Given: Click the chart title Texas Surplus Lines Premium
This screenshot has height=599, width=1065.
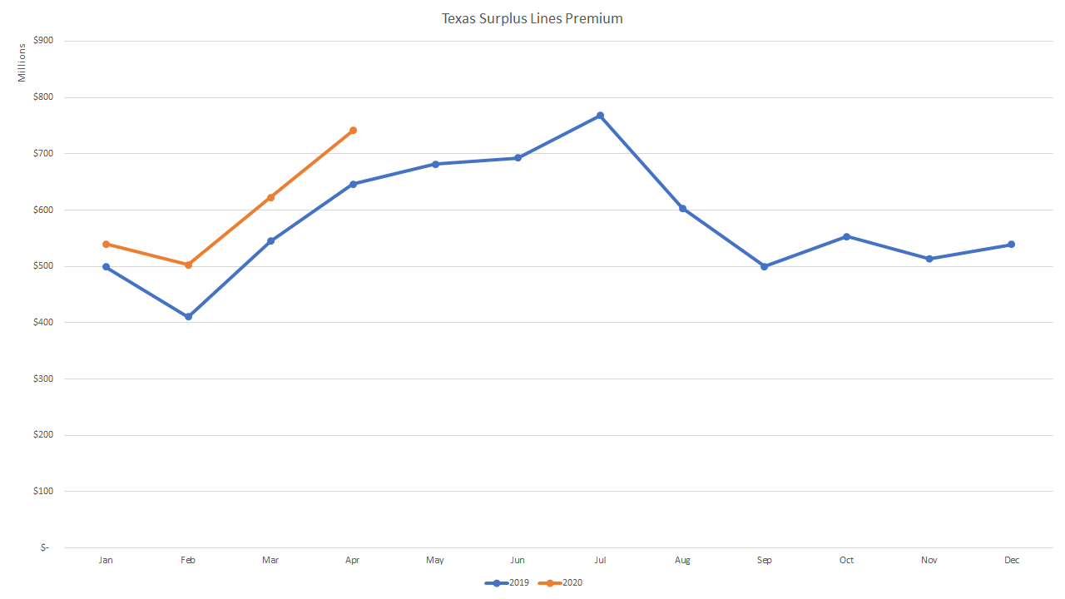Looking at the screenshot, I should coord(532,18).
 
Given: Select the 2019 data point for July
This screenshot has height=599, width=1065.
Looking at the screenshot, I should coord(600,116).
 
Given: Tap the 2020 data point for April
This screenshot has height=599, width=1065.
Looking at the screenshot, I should coord(353,131).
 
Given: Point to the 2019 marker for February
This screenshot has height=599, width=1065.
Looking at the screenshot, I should coord(188,317).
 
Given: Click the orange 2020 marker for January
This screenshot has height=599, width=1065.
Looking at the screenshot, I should coord(106,245).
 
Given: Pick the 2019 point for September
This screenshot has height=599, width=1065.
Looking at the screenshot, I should coord(764,267).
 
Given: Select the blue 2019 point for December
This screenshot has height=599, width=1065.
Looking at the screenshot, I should coord(1011,245).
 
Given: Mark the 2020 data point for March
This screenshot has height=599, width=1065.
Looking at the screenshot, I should coord(270,198).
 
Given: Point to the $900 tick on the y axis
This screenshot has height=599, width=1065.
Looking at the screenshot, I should coord(43,41).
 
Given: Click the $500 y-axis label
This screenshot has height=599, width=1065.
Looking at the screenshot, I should coord(43,266).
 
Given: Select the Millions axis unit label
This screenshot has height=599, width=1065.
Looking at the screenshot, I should coord(22,62).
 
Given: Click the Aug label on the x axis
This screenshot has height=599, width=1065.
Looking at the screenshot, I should coord(682,561).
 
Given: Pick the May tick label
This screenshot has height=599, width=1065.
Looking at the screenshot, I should coord(435,561).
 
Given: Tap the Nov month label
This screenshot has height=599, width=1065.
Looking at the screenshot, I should coord(929,561).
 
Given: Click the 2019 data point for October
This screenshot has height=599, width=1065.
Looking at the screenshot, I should coord(846,236).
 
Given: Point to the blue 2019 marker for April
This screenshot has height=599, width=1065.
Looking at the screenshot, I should coord(353,184).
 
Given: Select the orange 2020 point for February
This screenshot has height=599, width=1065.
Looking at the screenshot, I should coord(188,265).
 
